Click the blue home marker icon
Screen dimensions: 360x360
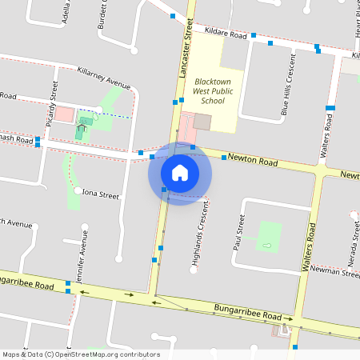[x=179, y=172]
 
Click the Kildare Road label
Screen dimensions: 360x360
[x=224, y=35]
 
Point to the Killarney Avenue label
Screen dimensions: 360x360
[x=103, y=78]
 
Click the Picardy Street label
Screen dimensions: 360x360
[x=50, y=107]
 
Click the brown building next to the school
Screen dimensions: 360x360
[x=202, y=122]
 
